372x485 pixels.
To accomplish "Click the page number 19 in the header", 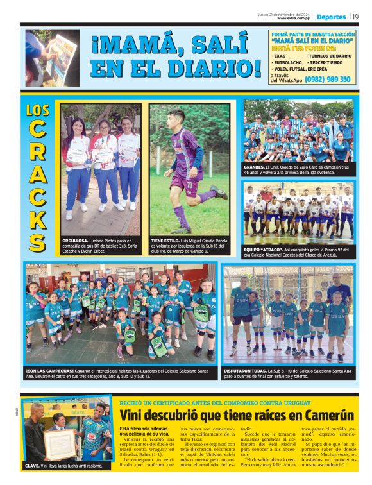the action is [x=355, y=17].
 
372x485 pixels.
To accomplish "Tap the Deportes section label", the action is [x=331, y=17].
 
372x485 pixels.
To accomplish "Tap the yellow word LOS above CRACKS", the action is [x=38, y=110].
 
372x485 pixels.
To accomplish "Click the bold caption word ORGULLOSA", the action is [x=76, y=241].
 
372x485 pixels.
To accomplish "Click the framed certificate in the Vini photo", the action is [x=60, y=442].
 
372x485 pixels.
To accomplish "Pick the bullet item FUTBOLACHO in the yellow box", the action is [x=290, y=62].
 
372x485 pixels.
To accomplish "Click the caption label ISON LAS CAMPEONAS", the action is [x=48, y=370].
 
